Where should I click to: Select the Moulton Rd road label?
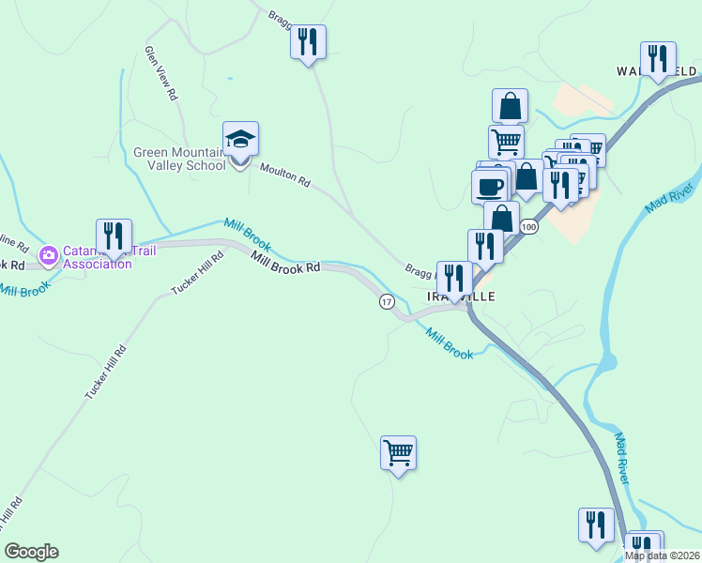click(284, 175)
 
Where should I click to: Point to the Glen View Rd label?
click(160, 73)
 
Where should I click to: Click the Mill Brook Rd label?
click(286, 267)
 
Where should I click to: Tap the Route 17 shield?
click(387, 301)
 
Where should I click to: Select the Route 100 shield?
click(529, 227)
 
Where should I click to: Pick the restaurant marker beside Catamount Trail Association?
click(114, 236)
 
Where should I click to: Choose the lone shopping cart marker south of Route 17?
click(399, 454)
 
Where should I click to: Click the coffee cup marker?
click(490, 186)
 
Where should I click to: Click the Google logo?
click(31, 552)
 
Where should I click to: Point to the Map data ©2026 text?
click(662, 555)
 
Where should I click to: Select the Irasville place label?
click(460, 296)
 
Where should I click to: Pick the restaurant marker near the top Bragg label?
click(308, 42)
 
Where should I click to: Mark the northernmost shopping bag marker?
click(510, 106)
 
